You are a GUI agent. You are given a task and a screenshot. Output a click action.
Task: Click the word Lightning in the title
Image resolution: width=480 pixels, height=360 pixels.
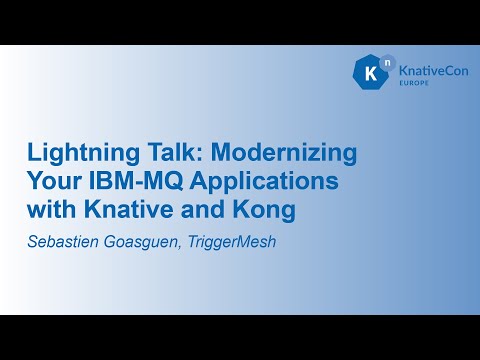[x=77, y=155]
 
